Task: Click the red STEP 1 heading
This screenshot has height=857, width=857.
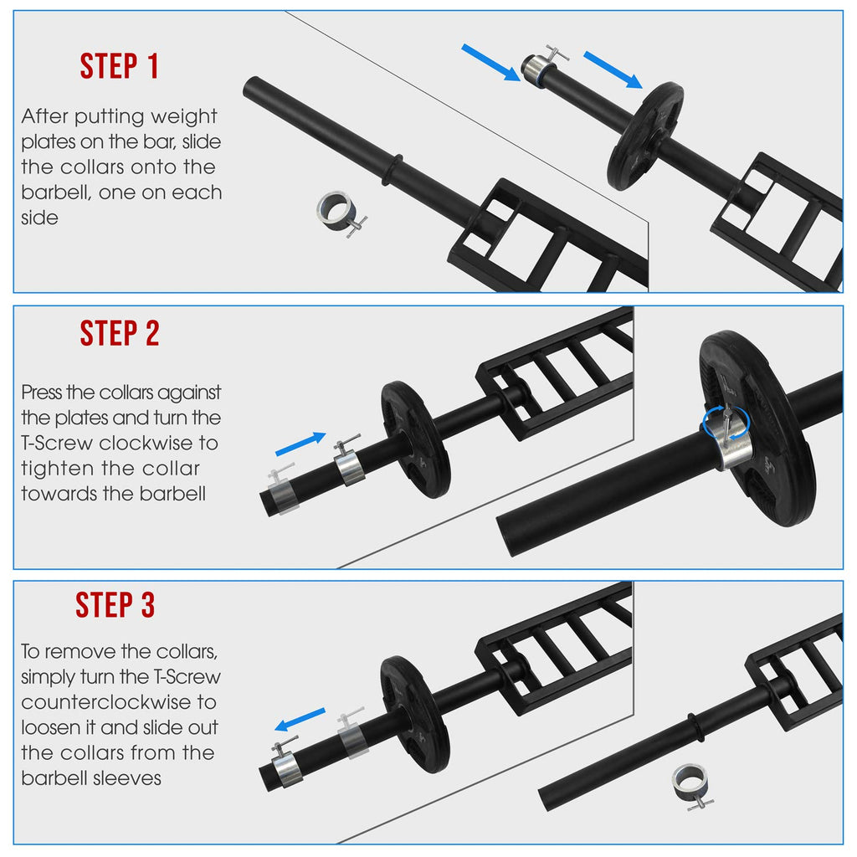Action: point(120,66)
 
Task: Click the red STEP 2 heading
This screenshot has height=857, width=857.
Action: point(120,333)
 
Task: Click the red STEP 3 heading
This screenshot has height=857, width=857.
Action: point(115,604)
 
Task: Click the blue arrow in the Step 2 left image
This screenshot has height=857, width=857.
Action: point(300,444)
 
